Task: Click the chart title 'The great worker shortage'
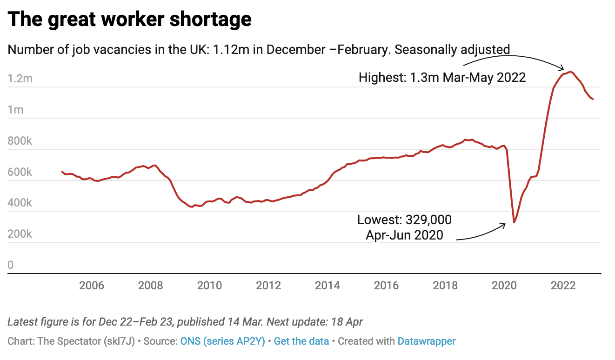click(x=130, y=20)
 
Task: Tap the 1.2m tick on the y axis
click(x=20, y=79)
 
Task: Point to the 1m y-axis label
click(x=15, y=110)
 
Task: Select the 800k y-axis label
click(x=20, y=141)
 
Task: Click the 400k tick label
click(x=20, y=203)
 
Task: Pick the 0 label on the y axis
click(x=11, y=265)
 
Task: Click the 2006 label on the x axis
click(x=92, y=285)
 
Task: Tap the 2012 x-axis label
click(x=268, y=285)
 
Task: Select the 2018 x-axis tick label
click(x=445, y=285)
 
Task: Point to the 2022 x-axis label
click(x=563, y=285)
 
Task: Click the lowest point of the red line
click(x=514, y=222)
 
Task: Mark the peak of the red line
click(x=571, y=72)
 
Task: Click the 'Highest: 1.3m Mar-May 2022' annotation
click(x=442, y=77)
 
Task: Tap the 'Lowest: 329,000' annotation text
click(x=404, y=220)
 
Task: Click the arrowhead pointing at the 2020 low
click(x=504, y=225)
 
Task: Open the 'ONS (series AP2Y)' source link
click(x=222, y=341)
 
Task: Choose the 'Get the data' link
click(x=301, y=341)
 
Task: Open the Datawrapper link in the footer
click(x=426, y=341)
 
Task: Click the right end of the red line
click(x=593, y=99)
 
